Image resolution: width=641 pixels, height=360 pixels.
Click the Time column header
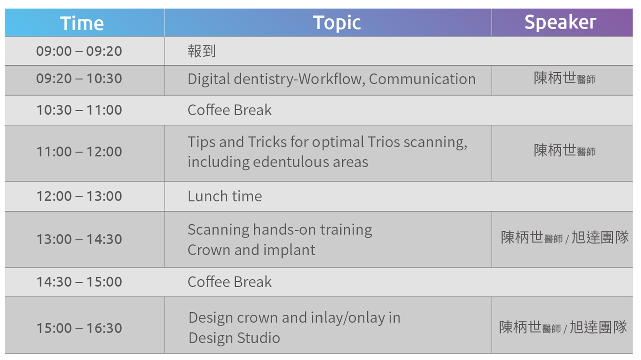pos(82,23)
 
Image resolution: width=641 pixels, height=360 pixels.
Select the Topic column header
pos(337,23)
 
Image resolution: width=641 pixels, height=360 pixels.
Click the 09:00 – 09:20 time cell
pos(79,51)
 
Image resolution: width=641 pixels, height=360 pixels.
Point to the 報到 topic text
pos(202,51)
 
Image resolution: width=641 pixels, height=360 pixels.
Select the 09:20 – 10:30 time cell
pos(79,79)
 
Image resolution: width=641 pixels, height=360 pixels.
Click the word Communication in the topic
pos(422,79)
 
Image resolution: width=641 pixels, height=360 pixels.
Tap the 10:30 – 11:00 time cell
pos(79,110)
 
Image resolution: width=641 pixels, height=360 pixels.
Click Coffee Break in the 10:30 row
pos(229,110)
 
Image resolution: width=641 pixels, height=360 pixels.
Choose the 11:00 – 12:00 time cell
pos(79,152)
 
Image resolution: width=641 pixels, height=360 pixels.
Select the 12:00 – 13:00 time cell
pos(79,196)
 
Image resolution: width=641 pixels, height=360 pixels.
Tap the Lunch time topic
pos(225,196)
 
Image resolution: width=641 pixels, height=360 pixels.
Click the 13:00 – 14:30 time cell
pos(79,239)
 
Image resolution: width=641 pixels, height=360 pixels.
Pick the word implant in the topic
pos(289,251)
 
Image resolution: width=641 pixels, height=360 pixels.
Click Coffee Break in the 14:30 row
pos(229,282)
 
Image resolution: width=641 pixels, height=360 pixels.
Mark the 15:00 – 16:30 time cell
pos(79,328)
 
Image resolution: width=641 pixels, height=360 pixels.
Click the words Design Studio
pos(234,338)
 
